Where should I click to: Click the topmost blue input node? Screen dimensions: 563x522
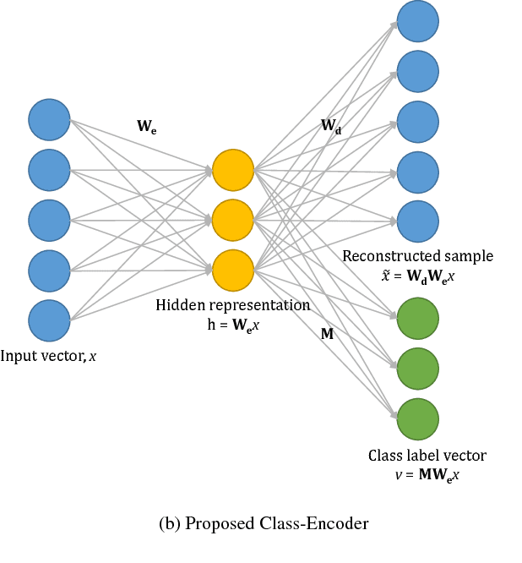49,119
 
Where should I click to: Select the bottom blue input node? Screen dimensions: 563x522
49,320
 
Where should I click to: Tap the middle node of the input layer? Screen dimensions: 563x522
49,220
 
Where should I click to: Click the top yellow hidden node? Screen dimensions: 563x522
233,170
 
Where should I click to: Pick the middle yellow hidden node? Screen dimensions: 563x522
233,220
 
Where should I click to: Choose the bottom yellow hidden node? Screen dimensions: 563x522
233,270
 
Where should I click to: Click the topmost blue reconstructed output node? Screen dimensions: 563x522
418,20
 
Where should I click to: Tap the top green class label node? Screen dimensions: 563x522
418,319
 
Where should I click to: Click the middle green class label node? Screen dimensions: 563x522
418,369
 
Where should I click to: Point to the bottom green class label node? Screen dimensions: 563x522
418,418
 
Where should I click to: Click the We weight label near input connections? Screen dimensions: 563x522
146,127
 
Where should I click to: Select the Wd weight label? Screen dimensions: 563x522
331,127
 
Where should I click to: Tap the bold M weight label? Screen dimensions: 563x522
327,334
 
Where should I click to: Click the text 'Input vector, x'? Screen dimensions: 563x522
49,357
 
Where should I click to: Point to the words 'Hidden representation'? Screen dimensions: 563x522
233,305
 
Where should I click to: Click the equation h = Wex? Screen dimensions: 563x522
233,324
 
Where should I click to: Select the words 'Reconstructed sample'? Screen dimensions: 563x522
418,255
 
